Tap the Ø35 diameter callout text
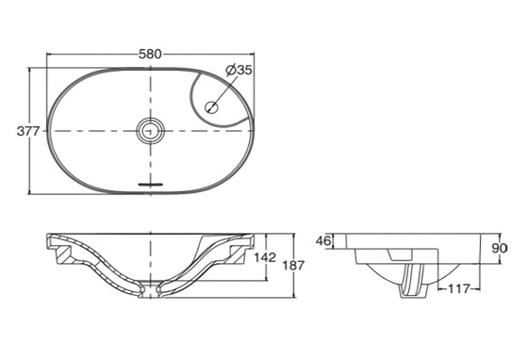tap(239, 69)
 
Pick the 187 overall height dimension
tap(294, 267)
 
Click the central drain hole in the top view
tap(150, 131)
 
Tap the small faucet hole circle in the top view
tap(213, 106)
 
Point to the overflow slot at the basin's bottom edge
tap(150, 182)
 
